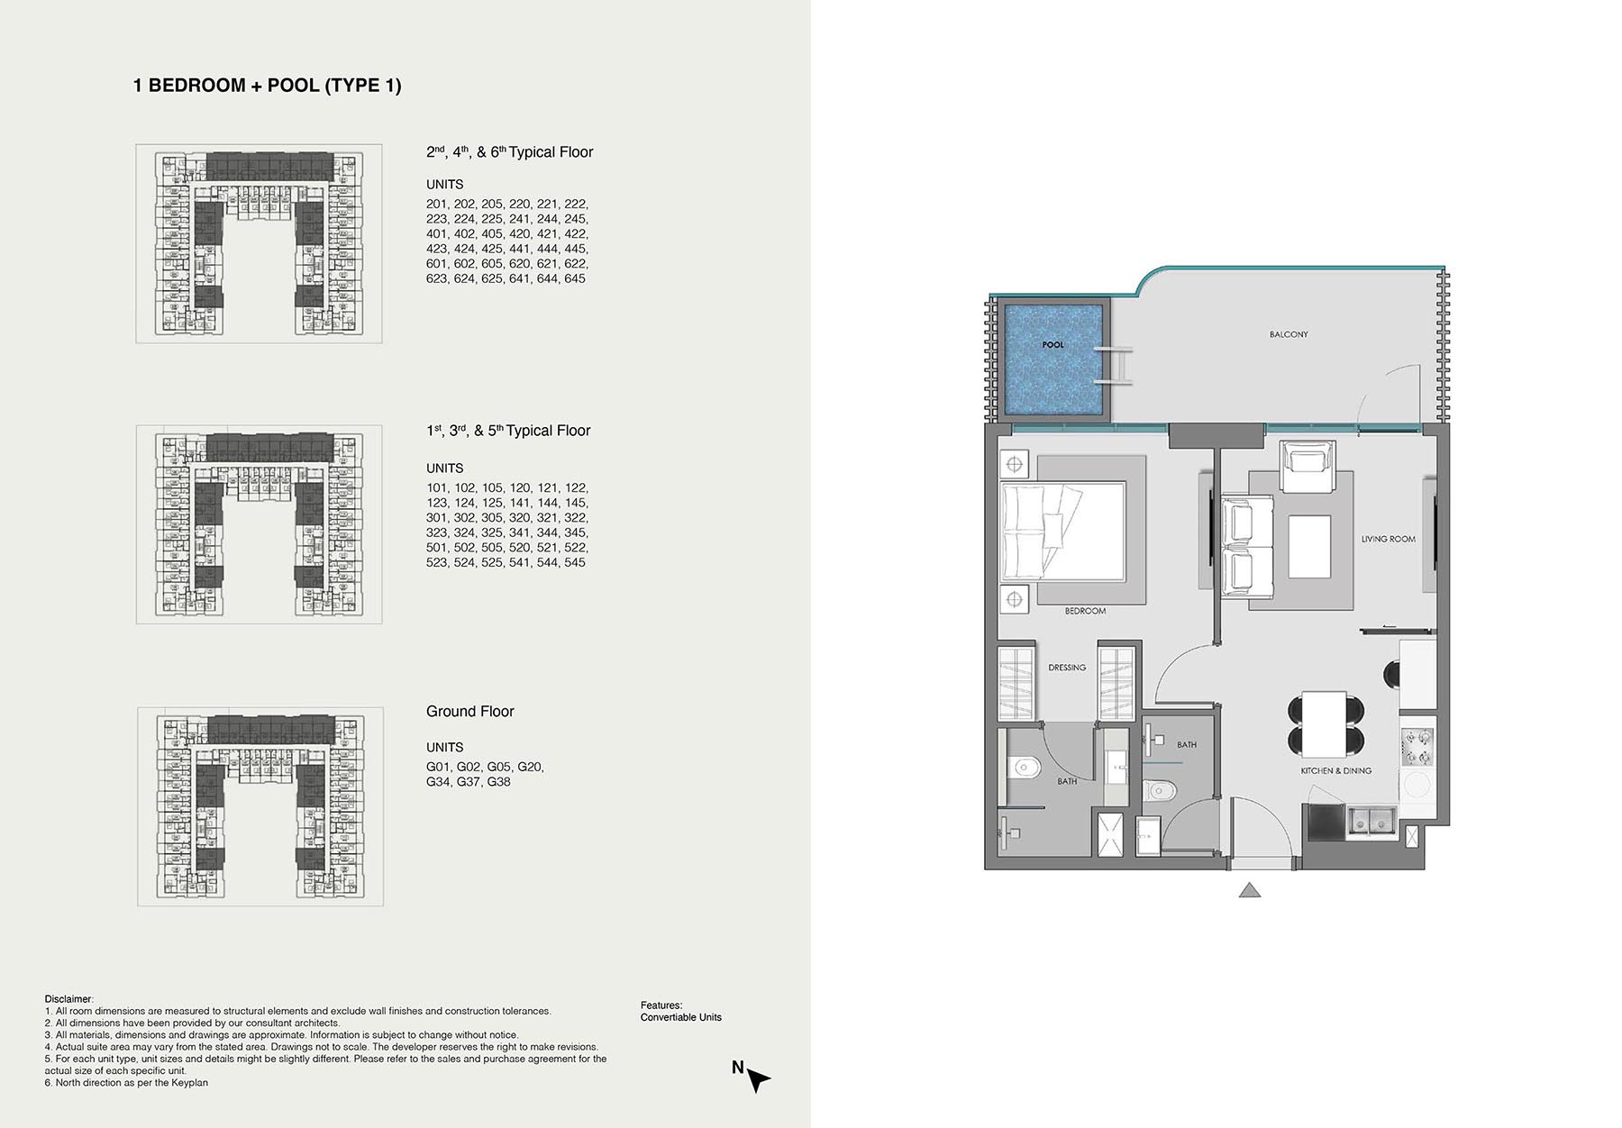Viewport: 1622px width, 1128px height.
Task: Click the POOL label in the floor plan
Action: [1052, 345]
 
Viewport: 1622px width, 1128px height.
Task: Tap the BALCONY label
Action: [1289, 334]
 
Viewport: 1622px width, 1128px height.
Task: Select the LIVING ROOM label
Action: [1388, 539]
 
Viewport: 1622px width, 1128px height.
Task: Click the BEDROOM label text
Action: [1085, 611]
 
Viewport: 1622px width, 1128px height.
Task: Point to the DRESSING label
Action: [1067, 668]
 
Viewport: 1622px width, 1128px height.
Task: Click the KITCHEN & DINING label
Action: [1335, 770]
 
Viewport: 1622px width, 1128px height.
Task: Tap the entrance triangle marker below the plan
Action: [1249, 890]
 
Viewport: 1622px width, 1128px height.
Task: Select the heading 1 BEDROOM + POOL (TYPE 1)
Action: [268, 86]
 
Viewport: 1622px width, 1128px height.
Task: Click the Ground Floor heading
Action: [469, 712]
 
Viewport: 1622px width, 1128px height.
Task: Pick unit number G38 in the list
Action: [498, 782]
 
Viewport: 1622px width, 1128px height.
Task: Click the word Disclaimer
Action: [68, 999]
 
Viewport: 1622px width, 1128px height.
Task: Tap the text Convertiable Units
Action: [681, 1017]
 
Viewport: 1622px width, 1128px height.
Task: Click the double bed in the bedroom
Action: [1062, 532]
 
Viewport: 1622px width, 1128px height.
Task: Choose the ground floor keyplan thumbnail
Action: [260, 806]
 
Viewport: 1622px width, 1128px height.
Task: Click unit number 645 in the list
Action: [575, 279]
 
